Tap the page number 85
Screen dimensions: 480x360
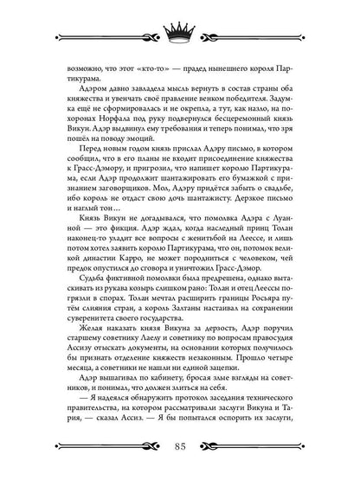[179, 446]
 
